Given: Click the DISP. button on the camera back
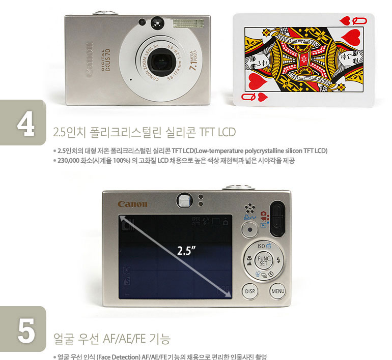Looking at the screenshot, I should coord(250,291).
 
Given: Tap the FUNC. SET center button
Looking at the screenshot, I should coord(263,261).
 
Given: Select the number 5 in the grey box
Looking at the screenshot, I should coord(25,331).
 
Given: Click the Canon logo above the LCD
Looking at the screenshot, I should coord(132,204).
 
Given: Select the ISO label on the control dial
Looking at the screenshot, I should coord(264,246).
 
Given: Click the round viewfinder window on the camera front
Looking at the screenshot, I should coord(157,22).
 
